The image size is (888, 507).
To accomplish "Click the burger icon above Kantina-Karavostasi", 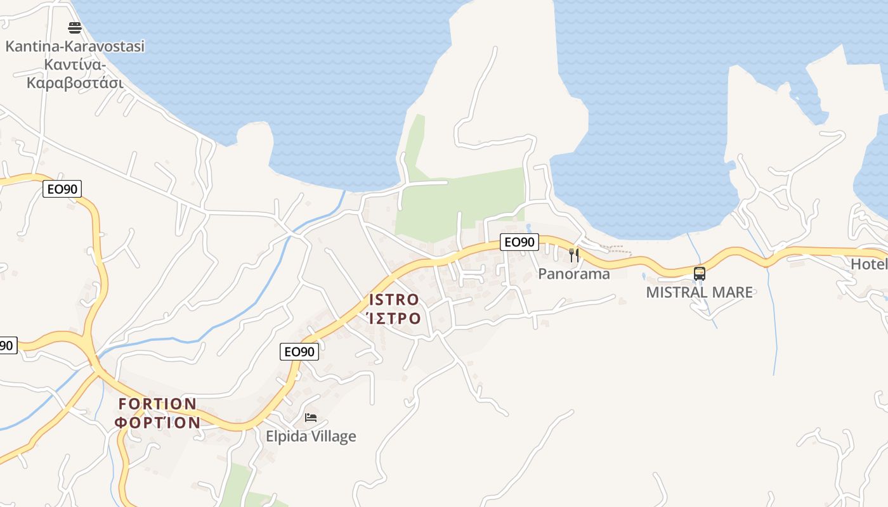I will (x=75, y=28).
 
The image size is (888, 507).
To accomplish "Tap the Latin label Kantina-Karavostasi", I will (x=75, y=46).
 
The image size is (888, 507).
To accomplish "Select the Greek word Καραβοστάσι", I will (x=75, y=83).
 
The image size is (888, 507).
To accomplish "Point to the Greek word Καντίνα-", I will (x=75, y=65).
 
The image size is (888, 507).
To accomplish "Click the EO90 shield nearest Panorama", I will (x=519, y=241).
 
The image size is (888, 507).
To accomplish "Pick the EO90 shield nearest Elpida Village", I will (x=299, y=352).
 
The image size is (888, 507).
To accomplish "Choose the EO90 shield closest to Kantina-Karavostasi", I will (x=62, y=189).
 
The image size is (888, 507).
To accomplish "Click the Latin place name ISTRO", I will (x=394, y=300).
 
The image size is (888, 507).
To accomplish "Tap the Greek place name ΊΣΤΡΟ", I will (x=394, y=318).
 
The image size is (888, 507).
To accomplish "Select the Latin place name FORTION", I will (x=157, y=404).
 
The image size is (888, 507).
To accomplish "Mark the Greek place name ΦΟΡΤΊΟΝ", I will (x=157, y=422).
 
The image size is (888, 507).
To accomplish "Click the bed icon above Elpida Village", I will (x=311, y=418).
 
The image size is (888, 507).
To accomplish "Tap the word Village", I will (x=334, y=437).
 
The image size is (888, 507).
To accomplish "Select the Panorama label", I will (x=574, y=274).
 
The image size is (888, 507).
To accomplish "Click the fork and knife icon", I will (x=574, y=255).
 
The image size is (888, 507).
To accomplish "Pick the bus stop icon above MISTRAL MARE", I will (x=700, y=274).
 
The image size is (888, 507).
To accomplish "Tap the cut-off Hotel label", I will (x=869, y=264).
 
